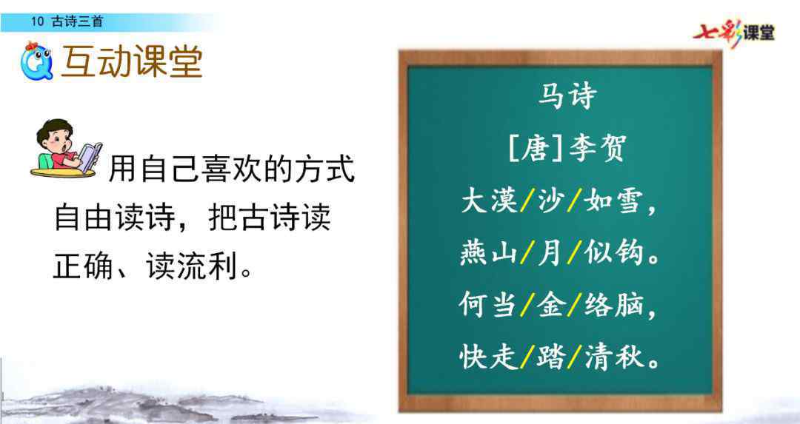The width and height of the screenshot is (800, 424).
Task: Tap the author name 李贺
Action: coord(596,148)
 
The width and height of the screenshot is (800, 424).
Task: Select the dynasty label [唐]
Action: coord(536,148)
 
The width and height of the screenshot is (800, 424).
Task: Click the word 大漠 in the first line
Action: coord(490,201)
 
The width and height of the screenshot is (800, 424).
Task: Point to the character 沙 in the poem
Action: coord(550,201)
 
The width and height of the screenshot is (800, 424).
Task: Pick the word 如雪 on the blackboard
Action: coord(613,201)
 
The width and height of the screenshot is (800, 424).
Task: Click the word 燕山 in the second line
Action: coord(490,253)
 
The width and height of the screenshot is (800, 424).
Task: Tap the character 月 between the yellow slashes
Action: coord(550,253)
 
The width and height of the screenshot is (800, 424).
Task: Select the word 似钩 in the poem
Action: coord(613,253)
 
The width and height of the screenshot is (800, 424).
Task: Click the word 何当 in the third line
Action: coord(488,304)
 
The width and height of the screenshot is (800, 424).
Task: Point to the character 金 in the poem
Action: coord(550,305)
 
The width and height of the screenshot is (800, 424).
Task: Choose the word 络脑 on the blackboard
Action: coord(613,305)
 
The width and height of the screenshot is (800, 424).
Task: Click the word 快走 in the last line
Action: coord(488,356)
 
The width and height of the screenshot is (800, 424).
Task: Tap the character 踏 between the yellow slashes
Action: coord(550,356)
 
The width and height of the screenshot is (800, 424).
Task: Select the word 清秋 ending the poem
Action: coord(613,356)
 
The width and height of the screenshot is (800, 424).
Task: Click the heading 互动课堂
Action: coord(132,62)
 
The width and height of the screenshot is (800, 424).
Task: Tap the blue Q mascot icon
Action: coord(37,61)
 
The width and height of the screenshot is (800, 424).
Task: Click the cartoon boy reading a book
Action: coord(67,148)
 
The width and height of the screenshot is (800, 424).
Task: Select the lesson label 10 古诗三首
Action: coord(67,21)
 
